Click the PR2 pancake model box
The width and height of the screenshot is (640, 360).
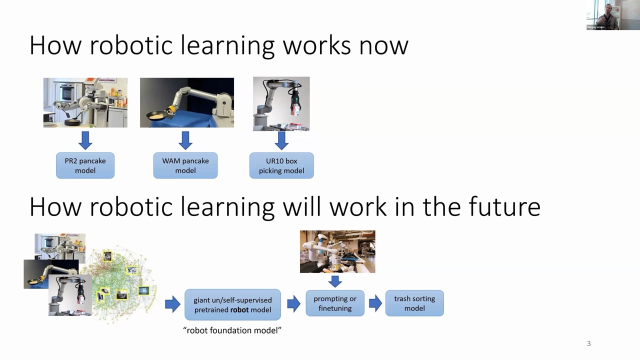85,165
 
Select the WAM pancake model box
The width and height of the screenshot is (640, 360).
185,165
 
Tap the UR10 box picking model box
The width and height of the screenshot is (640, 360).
281,165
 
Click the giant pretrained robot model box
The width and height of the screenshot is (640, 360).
232,304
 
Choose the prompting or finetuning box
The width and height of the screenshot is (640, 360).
335,303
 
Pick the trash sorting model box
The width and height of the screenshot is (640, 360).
414,303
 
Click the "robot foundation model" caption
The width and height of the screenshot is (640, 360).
232,330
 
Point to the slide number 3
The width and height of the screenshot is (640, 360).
588,343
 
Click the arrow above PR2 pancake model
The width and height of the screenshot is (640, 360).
85,140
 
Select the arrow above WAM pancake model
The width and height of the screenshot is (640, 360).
185,140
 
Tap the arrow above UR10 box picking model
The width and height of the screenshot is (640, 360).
281,140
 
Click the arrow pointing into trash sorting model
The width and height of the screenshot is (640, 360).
375,303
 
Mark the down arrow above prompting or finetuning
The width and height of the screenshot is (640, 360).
335,281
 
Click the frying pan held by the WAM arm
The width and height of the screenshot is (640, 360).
157,115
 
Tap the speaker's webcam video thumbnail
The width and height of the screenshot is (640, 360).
613,15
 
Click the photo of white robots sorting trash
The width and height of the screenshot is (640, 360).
337,251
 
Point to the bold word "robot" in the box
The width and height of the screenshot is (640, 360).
239,309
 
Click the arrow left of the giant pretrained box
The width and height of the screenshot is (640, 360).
172,304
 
